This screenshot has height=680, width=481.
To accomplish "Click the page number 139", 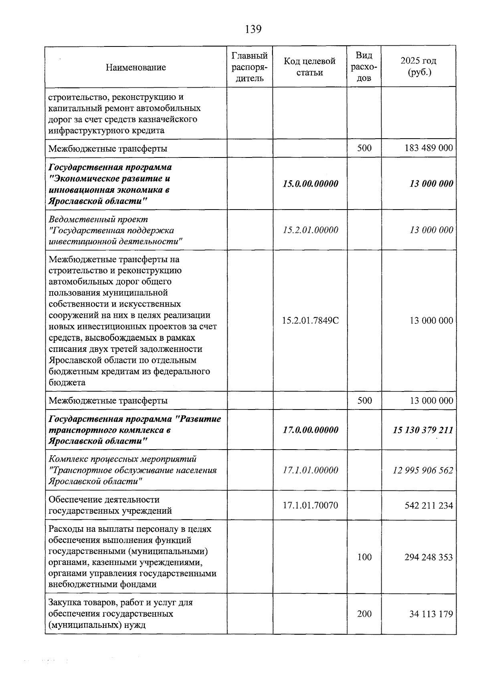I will pyautogui.click(x=253, y=29).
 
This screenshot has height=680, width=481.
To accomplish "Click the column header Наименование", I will pyautogui.click(x=136, y=67).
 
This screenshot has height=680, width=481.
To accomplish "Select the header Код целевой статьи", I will pyautogui.click(x=309, y=67).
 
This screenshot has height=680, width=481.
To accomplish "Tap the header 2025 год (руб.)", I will pyautogui.click(x=418, y=67).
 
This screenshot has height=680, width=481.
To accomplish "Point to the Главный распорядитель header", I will pyautogui.click(x=250, y=67).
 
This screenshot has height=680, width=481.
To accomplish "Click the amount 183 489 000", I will pyautogui.click(x=428, y=148).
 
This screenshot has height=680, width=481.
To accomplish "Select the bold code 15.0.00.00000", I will pyautogui.click(x=310, y=184).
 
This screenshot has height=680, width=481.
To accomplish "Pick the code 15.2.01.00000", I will pyautogui.click(x=310, y=230).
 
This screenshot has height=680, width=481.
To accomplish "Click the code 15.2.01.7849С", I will pyautogui.click(x=310, y=321).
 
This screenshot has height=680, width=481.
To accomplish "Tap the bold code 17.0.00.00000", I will pyautogui.click(x=310, y=430).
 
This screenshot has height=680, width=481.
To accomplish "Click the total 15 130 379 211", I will pyautogui.click(x=423, y=430).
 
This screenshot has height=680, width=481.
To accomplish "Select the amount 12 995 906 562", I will pyautogui.click(x=423, y=470).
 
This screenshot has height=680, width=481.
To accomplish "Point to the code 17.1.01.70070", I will pyautogui.click(x=310, y=505).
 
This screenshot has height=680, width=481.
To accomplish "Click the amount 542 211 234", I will pyautogui.click(x=428, y=505).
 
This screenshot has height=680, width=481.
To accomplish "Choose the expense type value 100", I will pyautogui.click(x=364, y=557).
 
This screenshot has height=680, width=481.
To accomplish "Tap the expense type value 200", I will pyautogui.click(x=364, y=614).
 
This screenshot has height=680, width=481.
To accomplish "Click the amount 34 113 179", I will pyautogui.click(x=431, y=614).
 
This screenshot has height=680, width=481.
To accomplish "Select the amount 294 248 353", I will pyautogui.click(x=428, y=557).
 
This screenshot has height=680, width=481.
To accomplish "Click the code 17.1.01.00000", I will pyautogui.click(x=310, y=470).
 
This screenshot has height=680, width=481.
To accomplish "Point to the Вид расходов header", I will pyautogui.click(x=364, y=67).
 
